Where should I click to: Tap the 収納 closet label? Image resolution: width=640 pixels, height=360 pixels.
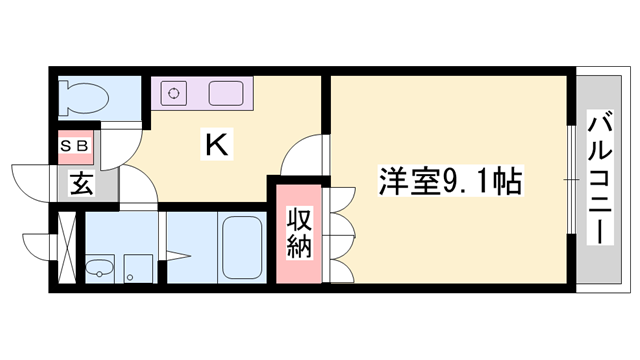[299, 232]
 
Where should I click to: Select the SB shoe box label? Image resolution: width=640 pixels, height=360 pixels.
[76, 145]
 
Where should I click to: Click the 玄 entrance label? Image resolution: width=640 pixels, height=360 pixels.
[80, 183]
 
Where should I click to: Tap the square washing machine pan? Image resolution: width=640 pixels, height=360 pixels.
[138, 268]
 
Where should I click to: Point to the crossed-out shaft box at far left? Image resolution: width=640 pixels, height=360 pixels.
[67, 246]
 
